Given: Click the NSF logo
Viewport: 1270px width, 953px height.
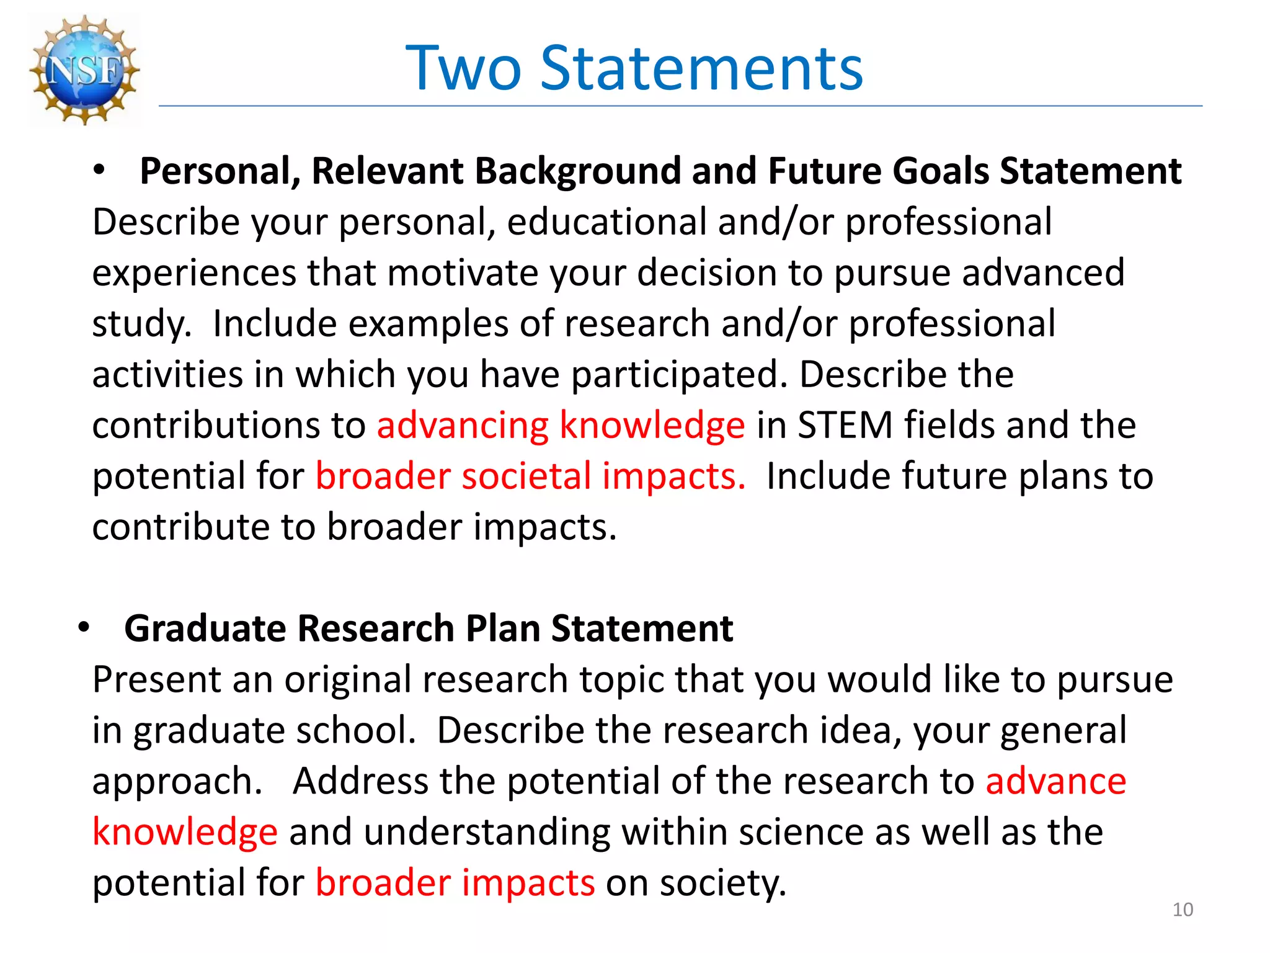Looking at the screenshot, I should [x=84, y=69].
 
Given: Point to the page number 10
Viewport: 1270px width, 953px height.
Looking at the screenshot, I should [x=1183, y=910].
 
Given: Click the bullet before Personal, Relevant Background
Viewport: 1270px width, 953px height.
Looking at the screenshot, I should [x=99, y=171].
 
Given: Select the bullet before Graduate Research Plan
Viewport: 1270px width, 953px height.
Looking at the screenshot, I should [x=84, y=628].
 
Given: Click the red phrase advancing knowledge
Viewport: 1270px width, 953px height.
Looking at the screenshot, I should [x=561, y=426].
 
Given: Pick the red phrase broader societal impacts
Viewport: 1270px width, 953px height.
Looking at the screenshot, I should [x=530, y=476].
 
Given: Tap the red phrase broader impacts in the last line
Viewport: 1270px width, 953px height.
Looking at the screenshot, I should [x=455, y=883].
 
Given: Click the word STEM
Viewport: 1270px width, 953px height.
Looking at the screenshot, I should [x=845, y=426].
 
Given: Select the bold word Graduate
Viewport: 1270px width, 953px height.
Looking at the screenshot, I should [x=205, y=628].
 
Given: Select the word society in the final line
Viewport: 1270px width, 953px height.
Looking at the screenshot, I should [x=722, y=883].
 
